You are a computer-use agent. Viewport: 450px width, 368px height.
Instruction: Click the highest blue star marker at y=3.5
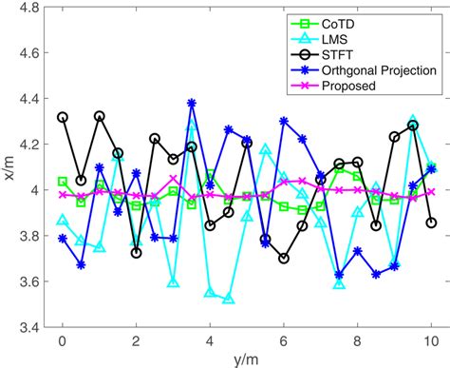[192, 103]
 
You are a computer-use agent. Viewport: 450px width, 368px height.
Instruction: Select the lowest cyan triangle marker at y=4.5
[228, 300]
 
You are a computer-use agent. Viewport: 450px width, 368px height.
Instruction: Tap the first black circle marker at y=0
[63, 117]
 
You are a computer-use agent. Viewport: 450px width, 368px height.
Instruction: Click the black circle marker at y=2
[137, 253]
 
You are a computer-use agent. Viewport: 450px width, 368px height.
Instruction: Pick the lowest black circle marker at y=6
[284, 258]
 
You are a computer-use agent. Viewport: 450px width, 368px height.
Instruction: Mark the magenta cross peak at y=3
[173, 178]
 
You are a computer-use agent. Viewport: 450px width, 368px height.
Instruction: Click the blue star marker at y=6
[284, 121]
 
